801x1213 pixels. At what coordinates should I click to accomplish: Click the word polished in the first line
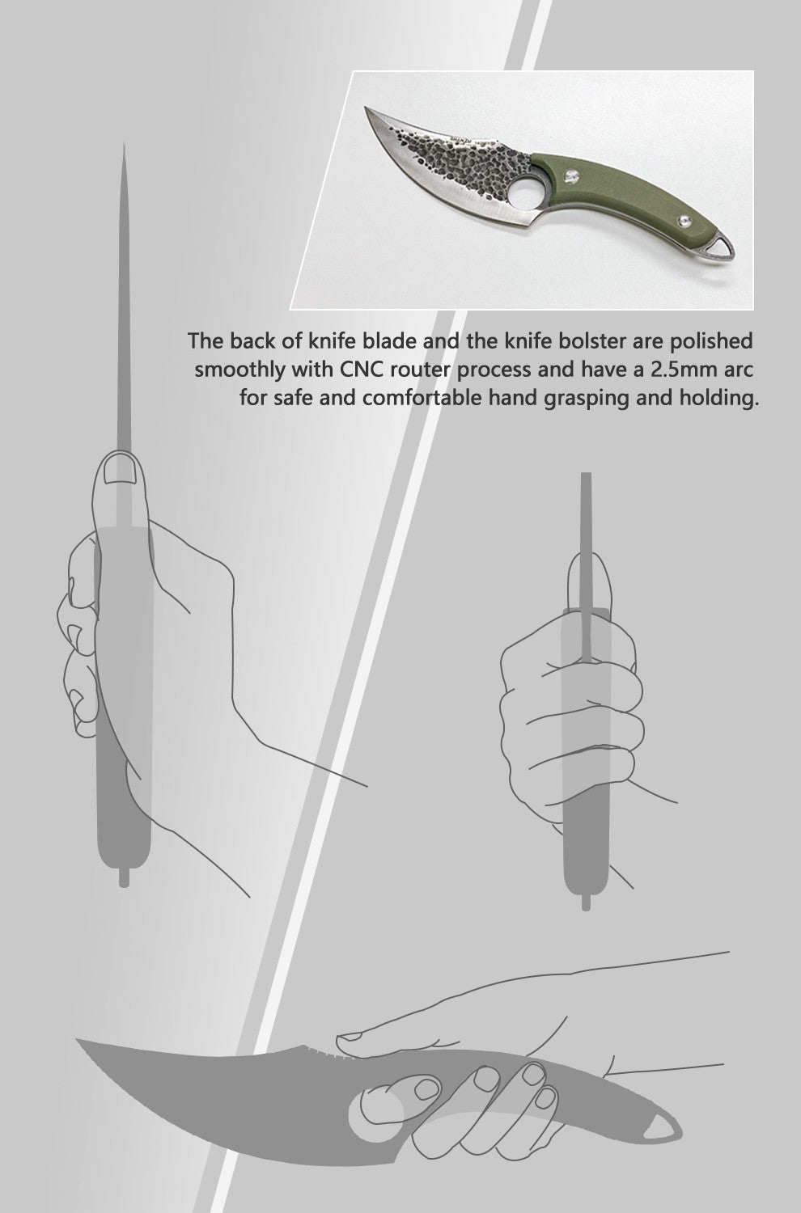[714, 340]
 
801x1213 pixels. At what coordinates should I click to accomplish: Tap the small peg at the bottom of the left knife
[124, 877]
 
